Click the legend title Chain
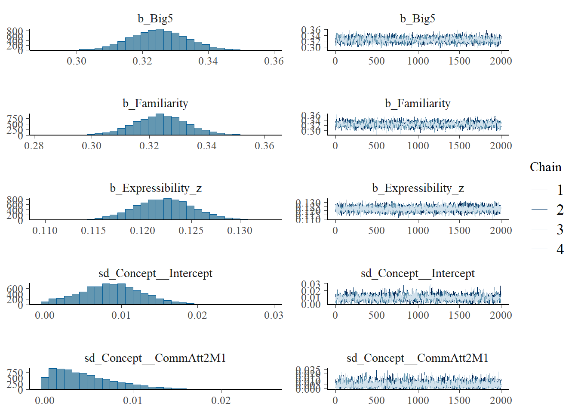tap(545, 167)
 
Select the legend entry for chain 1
tap(560, 189)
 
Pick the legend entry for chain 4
tap(560, 249)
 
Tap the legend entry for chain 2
tap(560, 210)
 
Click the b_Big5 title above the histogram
tap(155, 18)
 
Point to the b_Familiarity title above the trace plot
tap(418, 103)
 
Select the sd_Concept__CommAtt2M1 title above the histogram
tap(155, 358)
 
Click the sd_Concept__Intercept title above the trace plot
tap(418, 273)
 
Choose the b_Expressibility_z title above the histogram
tap(155, 188)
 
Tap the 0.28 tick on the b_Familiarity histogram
tap(34, 146)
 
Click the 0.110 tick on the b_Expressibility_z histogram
tap(45, 231)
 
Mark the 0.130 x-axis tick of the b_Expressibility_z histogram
tap(240, 231)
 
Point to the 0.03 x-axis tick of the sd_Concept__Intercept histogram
tap(274, 315)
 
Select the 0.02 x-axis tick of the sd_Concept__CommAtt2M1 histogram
tap(221, 401)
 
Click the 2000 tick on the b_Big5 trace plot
tap(501, 61)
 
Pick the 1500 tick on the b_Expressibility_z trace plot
tap(459, 231)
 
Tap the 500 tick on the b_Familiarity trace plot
tap(376, 146)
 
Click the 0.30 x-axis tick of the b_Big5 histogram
tap(77, 61)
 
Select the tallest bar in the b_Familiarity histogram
tap(160, 124)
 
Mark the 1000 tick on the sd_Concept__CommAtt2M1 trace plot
tap(418, 401)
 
